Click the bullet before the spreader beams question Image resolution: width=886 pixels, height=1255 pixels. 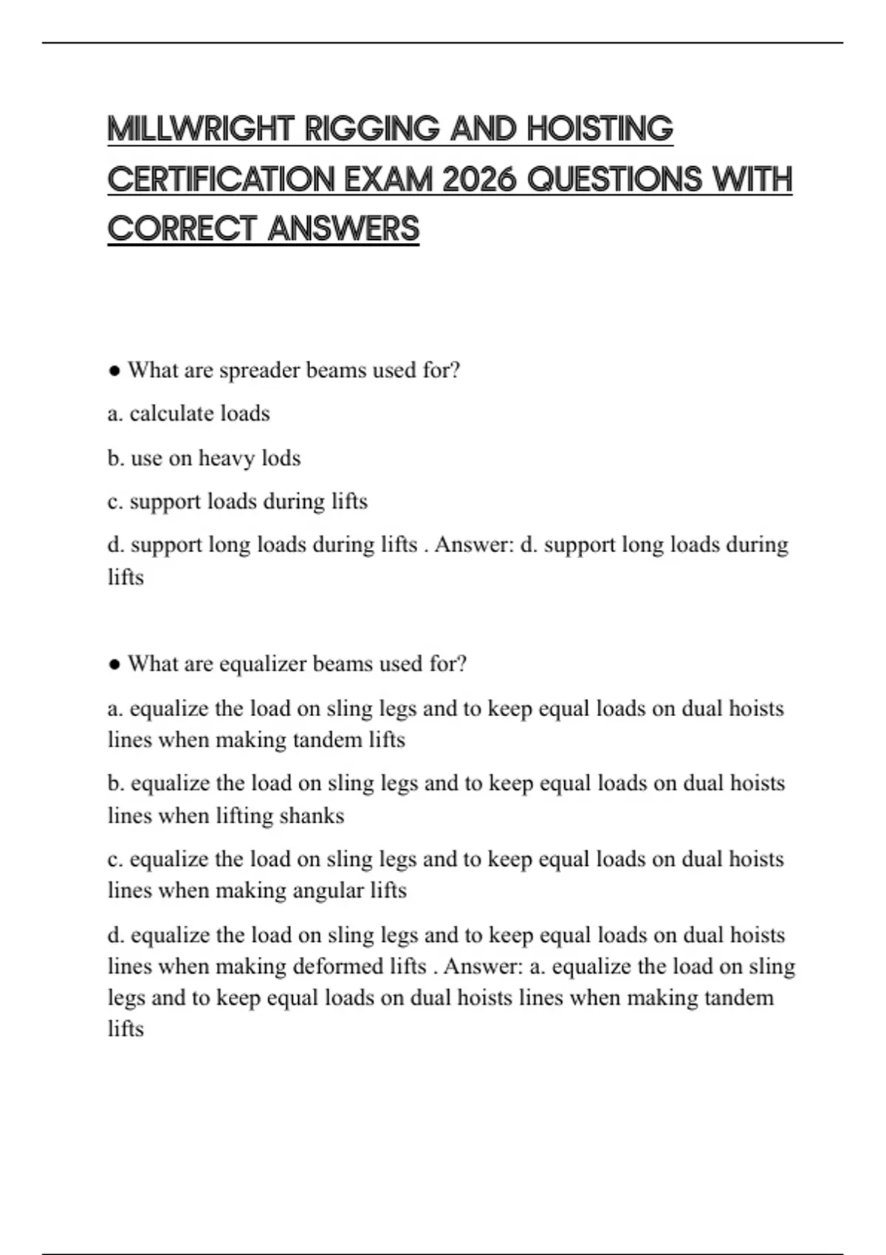(114, 371)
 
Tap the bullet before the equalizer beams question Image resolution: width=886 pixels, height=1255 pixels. (114, 664)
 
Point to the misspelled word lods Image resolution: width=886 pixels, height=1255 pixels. (281, 458)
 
